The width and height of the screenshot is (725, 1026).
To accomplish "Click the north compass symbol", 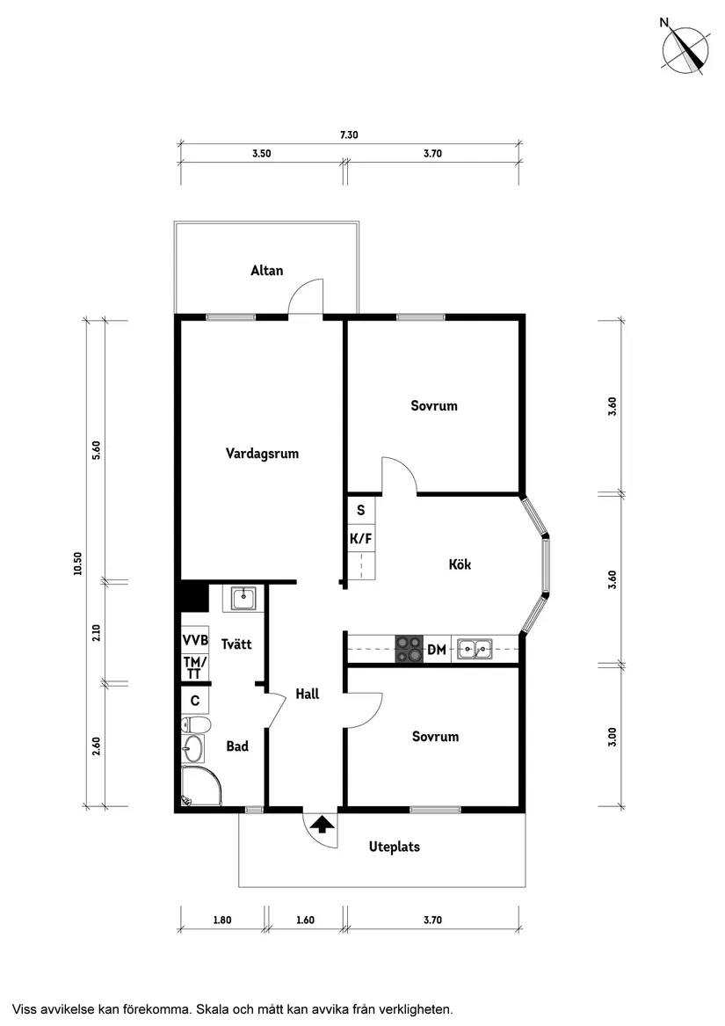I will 686,49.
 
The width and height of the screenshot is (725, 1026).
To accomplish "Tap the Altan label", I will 267,271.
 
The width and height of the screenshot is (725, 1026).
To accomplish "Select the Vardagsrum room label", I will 262,455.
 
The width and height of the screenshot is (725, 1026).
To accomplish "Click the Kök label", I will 460,564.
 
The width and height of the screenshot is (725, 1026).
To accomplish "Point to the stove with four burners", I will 409,649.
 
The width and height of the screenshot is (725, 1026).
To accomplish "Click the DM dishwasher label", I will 437,651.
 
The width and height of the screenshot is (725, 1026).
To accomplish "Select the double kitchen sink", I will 475,650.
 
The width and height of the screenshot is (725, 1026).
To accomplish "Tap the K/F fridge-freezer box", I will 361,538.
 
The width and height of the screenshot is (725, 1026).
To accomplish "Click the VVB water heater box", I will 195,639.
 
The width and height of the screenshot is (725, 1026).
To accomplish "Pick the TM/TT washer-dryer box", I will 195,667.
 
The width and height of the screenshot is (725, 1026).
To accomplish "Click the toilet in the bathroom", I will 196,724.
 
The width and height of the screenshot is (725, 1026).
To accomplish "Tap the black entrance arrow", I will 323,824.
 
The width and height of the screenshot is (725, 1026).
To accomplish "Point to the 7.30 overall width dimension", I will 349,135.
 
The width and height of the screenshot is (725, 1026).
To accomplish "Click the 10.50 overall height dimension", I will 78,563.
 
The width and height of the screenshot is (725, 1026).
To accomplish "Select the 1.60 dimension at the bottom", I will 305,920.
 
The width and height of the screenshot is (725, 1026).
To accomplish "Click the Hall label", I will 308,694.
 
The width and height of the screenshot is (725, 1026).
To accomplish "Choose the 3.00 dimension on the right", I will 613,736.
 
